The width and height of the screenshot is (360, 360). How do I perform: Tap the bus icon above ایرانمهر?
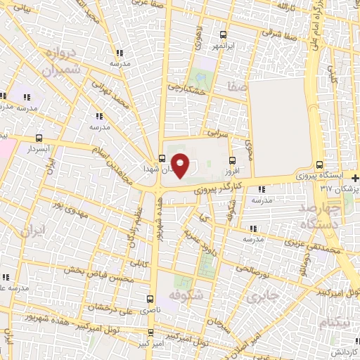pyautogui.click(x=224, y=34)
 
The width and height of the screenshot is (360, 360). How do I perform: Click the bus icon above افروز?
pyautogui.click(x=231, y=160)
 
